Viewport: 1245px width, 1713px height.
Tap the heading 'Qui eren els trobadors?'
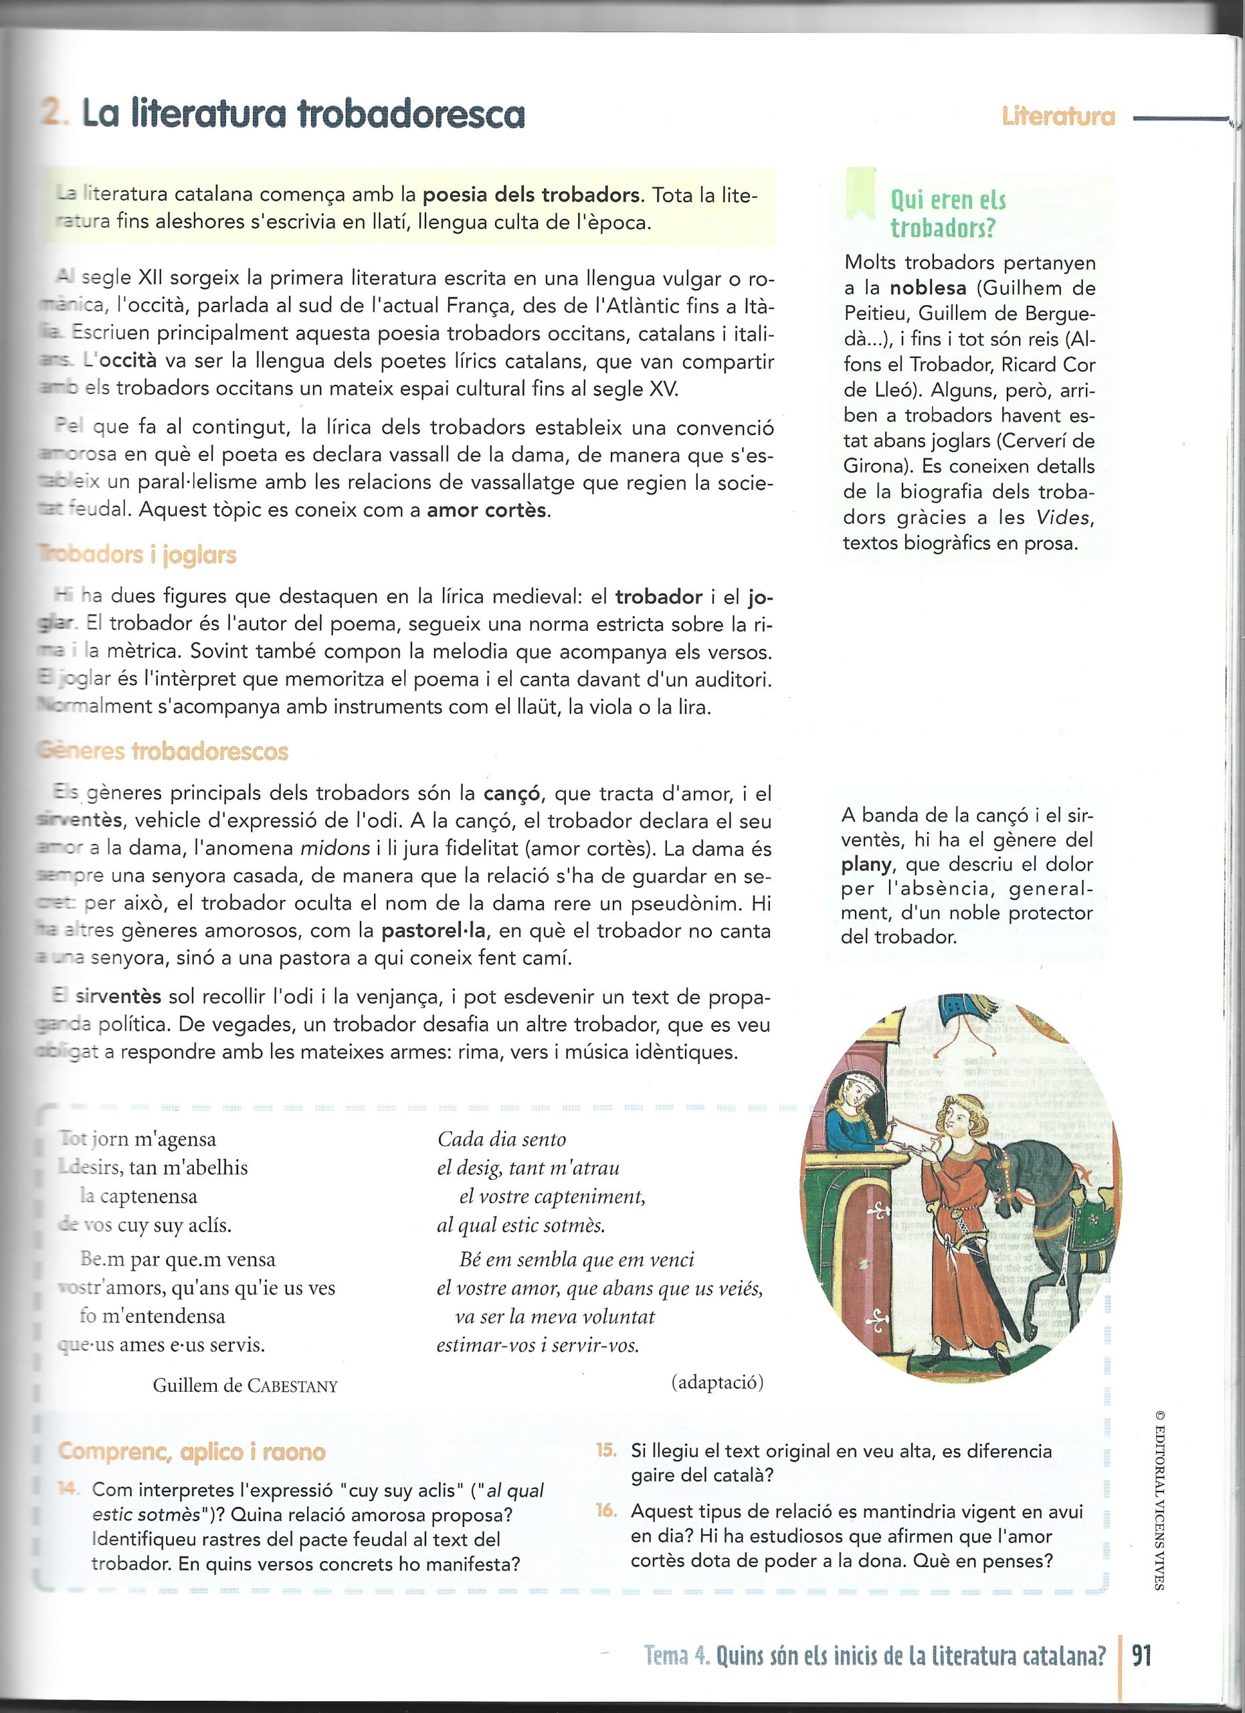(x=939, y=213)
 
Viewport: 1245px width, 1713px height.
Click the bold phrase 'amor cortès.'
(x=488, y=510)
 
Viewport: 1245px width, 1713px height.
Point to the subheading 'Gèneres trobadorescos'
(x=163, y=751)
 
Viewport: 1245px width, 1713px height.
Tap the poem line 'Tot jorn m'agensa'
(x=137, y=1138)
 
